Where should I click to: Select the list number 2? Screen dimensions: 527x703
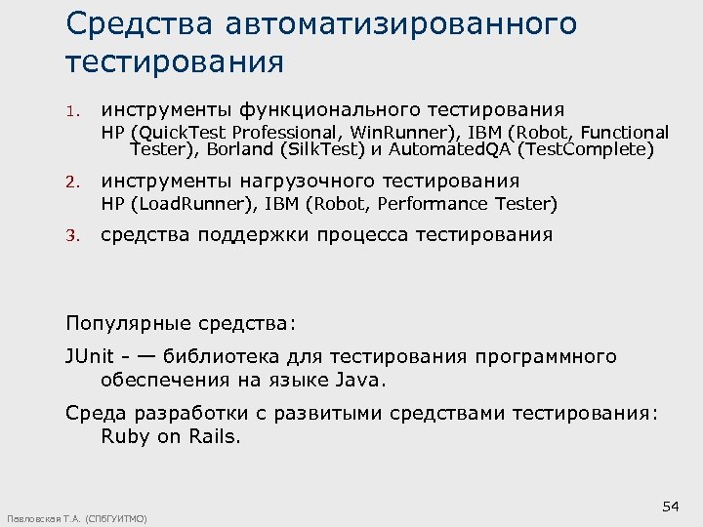[x=71, y=182]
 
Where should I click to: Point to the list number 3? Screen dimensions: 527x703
[x=71, y=236]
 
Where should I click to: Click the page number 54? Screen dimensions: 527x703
[x=670, y=506]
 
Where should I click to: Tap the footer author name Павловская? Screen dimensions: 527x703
[x=31, y=518]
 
